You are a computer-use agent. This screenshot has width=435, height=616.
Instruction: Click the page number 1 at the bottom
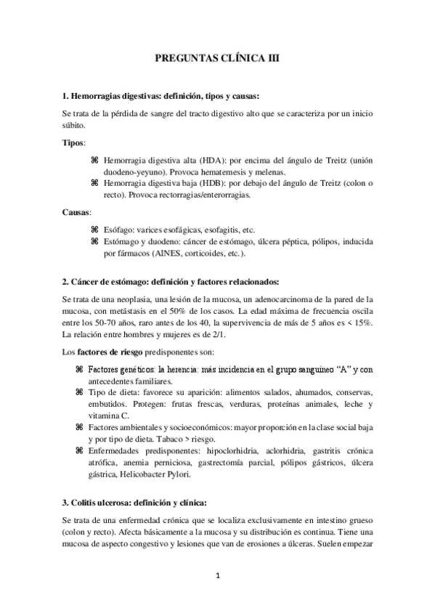point(217,577)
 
